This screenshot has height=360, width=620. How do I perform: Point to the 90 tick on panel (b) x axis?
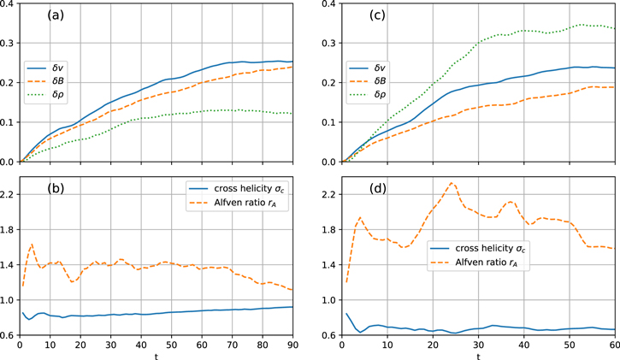292,345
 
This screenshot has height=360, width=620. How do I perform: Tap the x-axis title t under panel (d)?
478,355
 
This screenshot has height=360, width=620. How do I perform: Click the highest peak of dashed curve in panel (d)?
452,182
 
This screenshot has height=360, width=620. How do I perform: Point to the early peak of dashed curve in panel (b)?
32,244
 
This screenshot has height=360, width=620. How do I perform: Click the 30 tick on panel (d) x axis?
478,345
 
